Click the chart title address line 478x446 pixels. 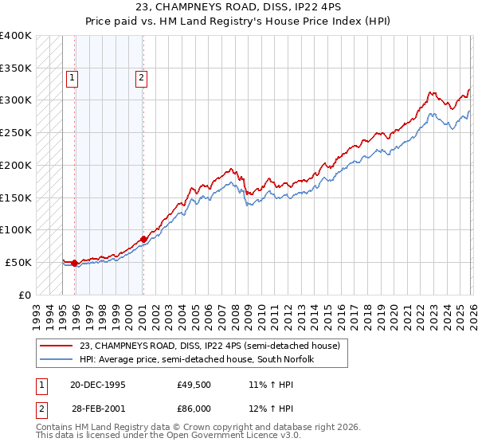238,9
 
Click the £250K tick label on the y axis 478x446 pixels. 15,132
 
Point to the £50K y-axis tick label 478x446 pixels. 18,262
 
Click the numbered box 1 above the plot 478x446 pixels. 72,78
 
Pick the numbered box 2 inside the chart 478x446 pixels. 141,78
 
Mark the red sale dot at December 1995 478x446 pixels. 75,263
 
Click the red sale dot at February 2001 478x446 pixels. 143,239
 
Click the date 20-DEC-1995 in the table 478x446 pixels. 97,385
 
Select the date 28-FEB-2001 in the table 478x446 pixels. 97,410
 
